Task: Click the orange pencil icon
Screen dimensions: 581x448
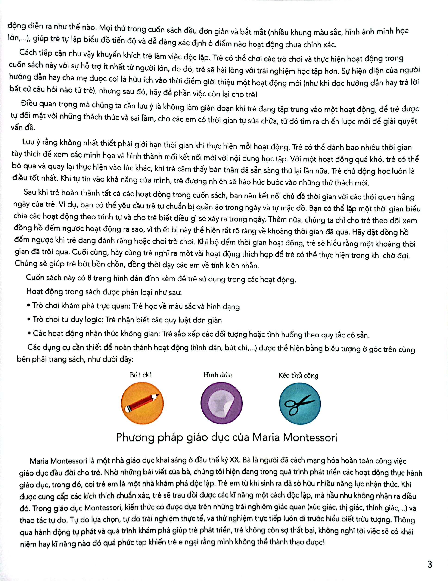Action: click(142, 403)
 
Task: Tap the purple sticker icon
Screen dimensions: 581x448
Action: click(221, 403)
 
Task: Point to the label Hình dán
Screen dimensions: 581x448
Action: click(218, 375)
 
